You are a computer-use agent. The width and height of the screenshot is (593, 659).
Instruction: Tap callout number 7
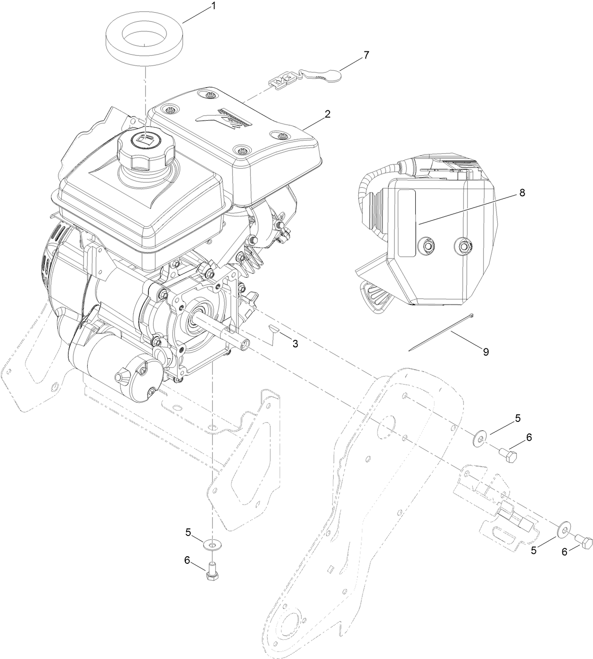366,55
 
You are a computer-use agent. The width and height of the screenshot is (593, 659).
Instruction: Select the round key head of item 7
334,74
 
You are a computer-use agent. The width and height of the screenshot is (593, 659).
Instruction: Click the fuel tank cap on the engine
146,146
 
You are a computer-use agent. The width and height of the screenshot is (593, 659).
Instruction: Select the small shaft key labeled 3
273,327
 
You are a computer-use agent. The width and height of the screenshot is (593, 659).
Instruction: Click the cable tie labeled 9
441,332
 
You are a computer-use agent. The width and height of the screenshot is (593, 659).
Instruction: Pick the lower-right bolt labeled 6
585,543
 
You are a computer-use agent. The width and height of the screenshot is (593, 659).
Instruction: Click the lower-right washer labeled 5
563,530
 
